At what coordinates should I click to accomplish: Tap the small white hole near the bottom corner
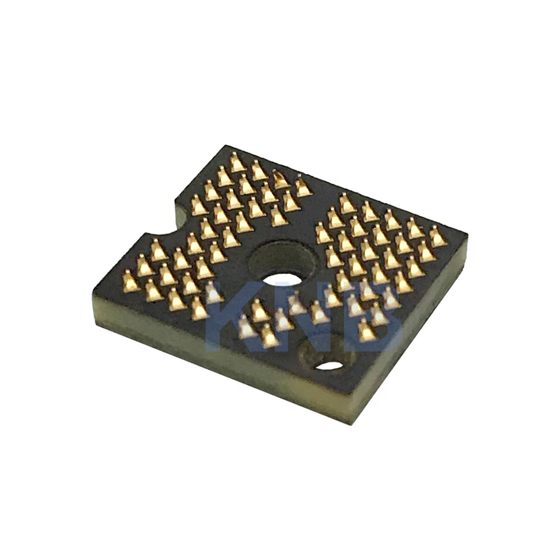330,365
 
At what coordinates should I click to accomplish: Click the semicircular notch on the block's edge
162,230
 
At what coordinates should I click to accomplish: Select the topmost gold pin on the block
237,162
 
